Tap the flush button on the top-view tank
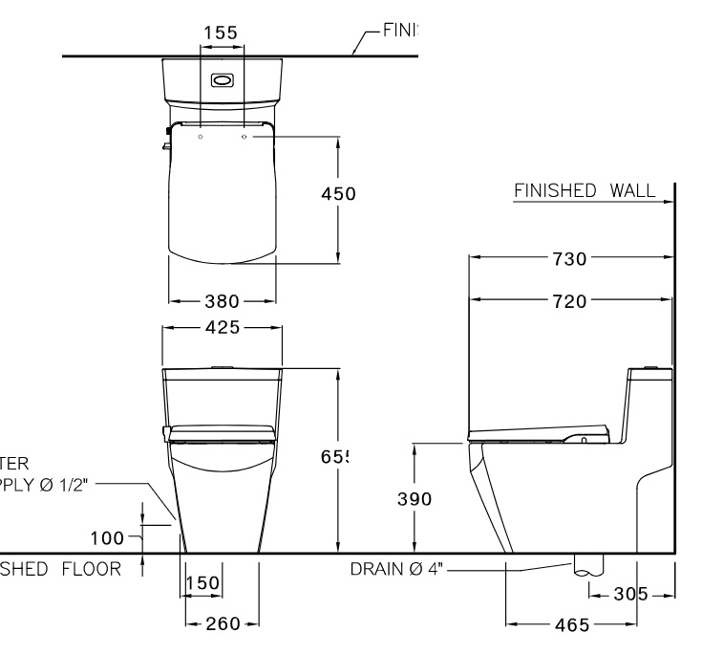click(x=222, y=80)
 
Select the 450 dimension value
click(x=337, y=194)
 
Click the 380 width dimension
click(x=223, y=301)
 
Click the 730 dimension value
click(x=570, y=258)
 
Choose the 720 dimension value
click(x=570, y=301)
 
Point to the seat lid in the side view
click(x=540, y=431)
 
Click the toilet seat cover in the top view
click(x=223, y=196)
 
